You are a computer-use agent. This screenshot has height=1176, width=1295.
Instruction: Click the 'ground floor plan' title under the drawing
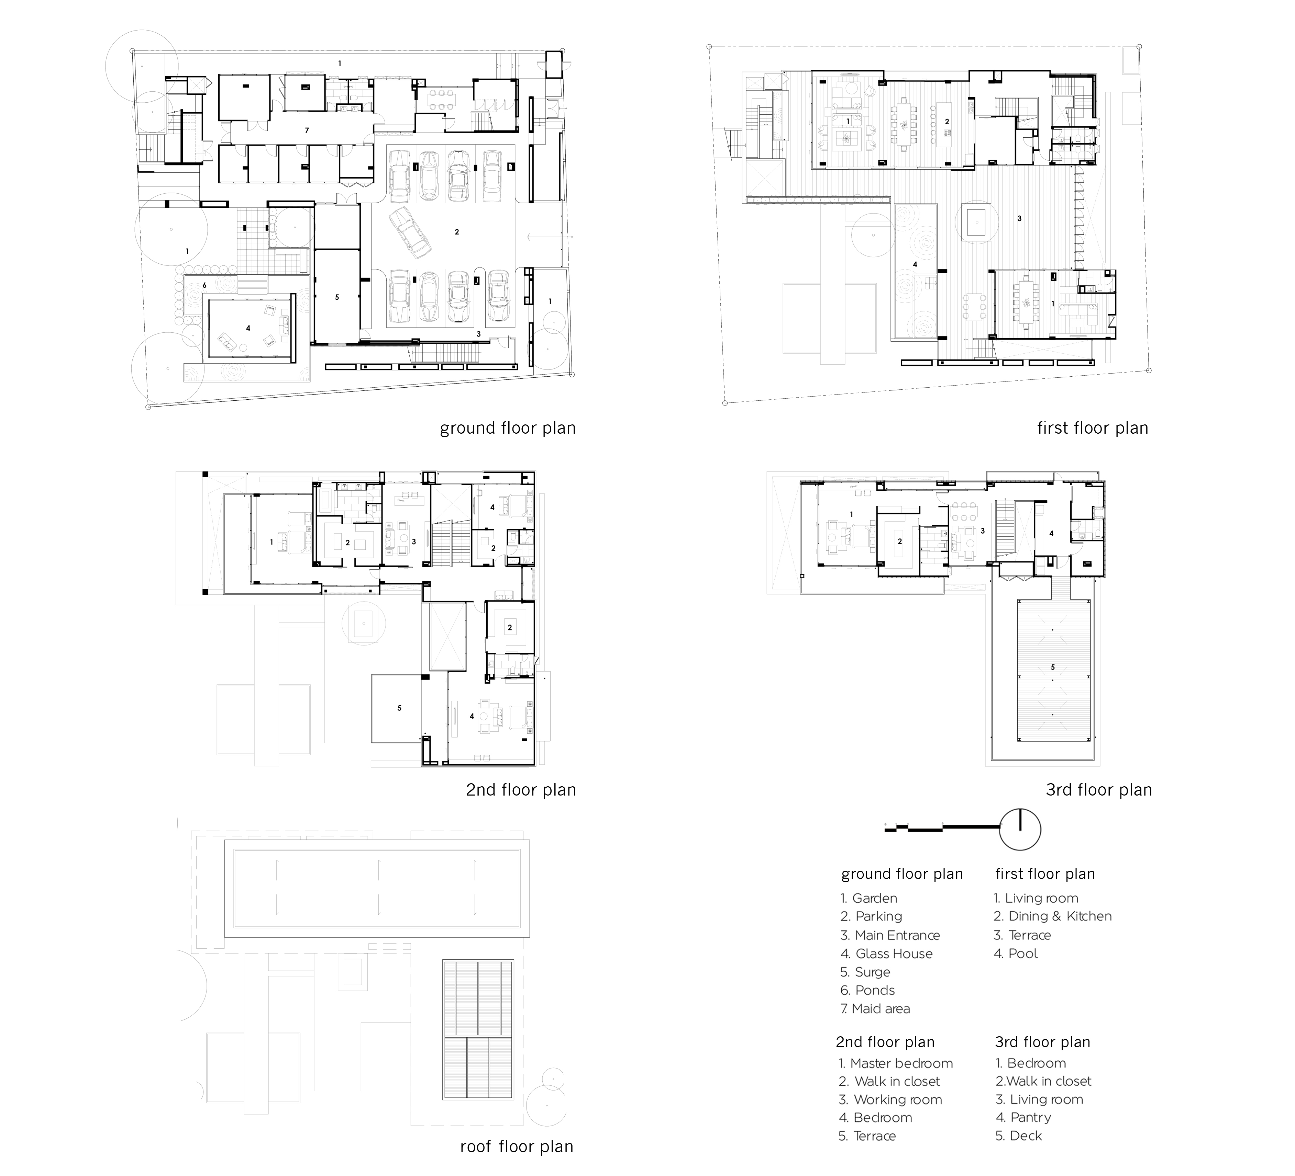508,428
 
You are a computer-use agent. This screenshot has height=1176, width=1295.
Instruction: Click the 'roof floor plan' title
517,1146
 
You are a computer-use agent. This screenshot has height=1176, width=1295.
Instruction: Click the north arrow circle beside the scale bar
1020,829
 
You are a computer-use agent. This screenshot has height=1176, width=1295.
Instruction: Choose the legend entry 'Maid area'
875,1008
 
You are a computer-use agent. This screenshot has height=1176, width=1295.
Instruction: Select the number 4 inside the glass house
248,328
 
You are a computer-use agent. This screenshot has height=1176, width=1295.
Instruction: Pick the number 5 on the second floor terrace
400,708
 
